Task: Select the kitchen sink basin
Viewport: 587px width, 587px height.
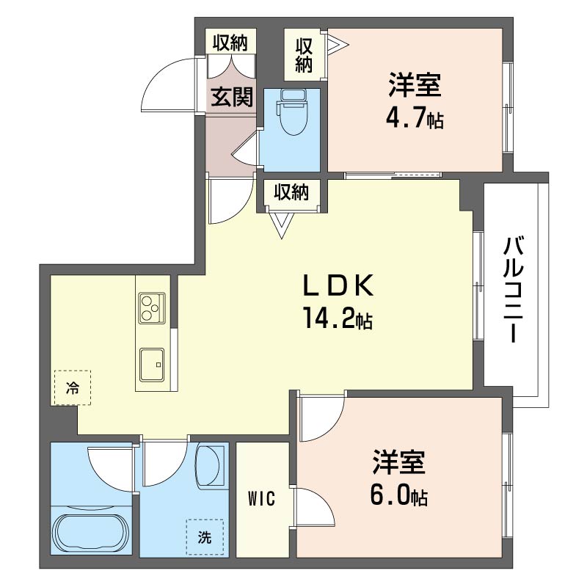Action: click(x=152, y=365)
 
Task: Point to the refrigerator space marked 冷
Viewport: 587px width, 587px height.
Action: click(x=72, y=388)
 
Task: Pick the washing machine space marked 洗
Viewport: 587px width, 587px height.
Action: click(x=205, y=537)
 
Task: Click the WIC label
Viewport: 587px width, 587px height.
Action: click(x=262, y=499)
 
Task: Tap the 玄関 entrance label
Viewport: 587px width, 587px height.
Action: click(x=233, y=97)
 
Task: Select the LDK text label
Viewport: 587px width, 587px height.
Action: click(x=338, y=285)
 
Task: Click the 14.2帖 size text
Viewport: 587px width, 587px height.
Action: click(x=338, y=318)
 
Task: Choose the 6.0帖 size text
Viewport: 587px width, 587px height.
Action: click(x=399, y=495)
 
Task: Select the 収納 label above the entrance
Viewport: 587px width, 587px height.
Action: click(x=230, y=43)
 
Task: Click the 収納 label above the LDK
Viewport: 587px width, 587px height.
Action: click(x=291, y=192)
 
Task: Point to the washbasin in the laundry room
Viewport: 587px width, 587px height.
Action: click(x=208, y=466)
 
